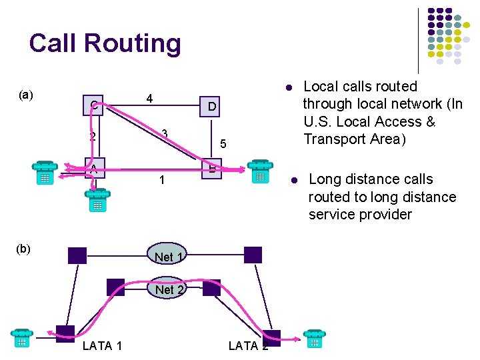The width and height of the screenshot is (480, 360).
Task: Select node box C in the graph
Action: (x=94, y=105)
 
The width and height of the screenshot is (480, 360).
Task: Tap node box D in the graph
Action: (x=211, y=107)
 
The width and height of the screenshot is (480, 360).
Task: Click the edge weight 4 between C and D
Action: (x=150, y=99)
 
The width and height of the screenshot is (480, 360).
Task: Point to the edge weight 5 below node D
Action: (x=224, y=143)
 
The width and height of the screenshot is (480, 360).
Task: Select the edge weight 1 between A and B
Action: (x=162, y=180)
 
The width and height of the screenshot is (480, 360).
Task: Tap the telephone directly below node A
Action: (x=97, y=201)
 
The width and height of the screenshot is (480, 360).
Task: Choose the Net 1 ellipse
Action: (x=164, y=256)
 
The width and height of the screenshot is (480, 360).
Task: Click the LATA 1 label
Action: (x=102, y=345)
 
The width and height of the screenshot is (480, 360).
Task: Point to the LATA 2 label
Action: (x=248, y=345)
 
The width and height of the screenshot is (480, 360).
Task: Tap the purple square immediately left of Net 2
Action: (x=115, y=287)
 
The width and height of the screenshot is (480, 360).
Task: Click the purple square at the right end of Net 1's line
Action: (x=253, y=255)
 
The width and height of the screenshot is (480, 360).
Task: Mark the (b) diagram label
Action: (x=24, y=249)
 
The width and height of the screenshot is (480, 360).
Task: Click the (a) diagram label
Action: (x=26, y=95)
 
